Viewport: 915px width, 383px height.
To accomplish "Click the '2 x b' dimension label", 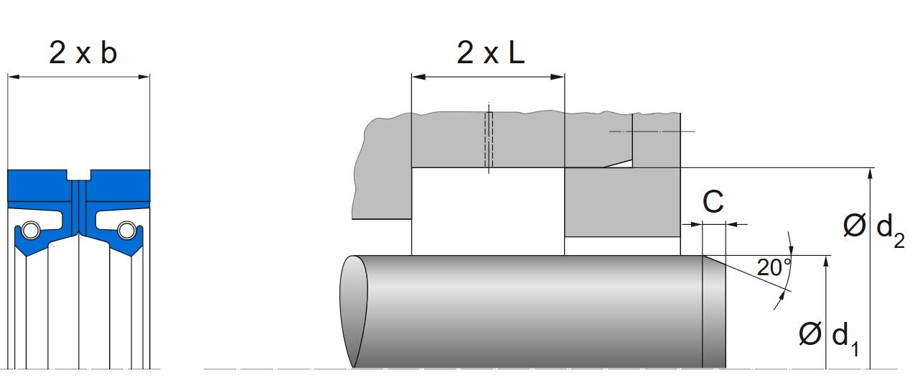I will [x=83, y=52].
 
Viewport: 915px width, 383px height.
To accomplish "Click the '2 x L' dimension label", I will [x=490, y=52].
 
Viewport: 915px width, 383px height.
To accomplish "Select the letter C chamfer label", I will [x=713, y=203].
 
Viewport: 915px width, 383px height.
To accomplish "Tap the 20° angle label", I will [x=774, y=268].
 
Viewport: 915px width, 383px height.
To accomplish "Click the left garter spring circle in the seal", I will [x=31, y=230].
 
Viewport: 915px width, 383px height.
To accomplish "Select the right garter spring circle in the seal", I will [x=127, y=230].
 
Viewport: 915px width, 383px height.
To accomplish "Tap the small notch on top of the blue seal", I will [x=79, y=175].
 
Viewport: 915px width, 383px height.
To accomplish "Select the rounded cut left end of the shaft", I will [x=353, y=310].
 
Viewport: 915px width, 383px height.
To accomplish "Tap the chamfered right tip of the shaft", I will [x=715, y=310].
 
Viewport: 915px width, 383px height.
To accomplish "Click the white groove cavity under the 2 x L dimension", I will [x=488, y=212].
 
